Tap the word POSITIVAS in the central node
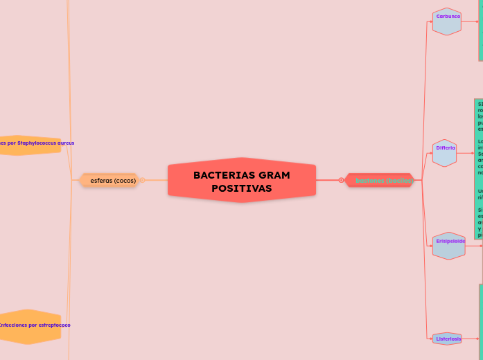click(x=242, y=188)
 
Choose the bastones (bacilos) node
click(x=383, y=181)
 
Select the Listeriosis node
click(x=448, y=339)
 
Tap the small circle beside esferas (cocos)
click(x=142, y=181)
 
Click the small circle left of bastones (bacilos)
click(x=342, y=181)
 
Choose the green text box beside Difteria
click(x=480, y=170)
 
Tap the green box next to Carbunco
click(x=480, y=31)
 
